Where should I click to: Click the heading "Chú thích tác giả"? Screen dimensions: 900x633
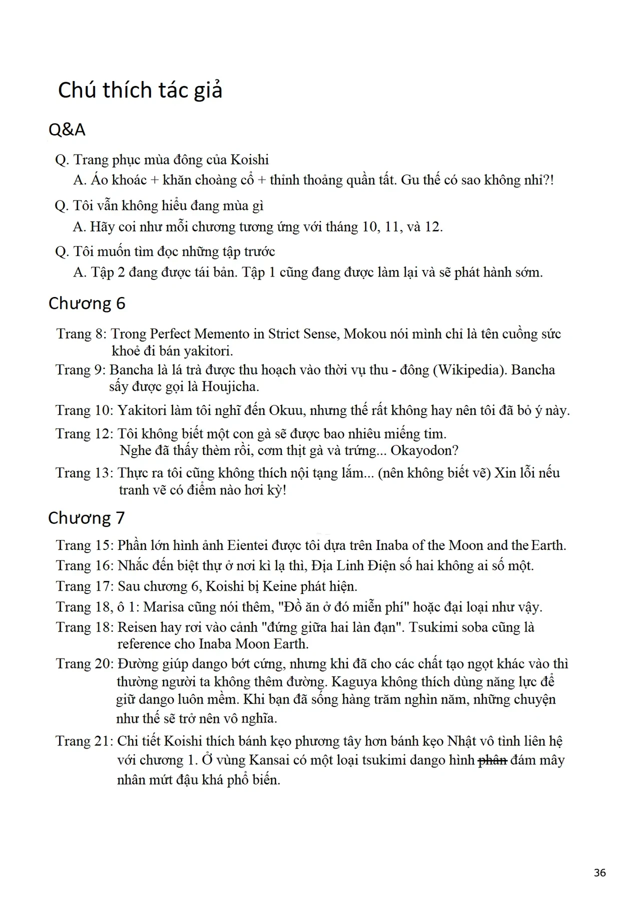pyautogui.click(x=140, y=90)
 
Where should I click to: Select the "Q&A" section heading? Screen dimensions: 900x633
pyautogui.click(x=67, y=129)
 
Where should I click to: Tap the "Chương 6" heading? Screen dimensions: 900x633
pyautogui.click(x=87, y=303)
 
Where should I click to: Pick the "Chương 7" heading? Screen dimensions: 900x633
pyautogui.click(x=86, y=517)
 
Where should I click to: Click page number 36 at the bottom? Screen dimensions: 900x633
pyautogui.click(x=599, y=872)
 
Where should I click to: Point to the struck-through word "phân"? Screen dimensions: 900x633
pyautogui.click(x=493, y=760)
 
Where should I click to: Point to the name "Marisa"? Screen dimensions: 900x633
pyautogui.click(x=163, y=606)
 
